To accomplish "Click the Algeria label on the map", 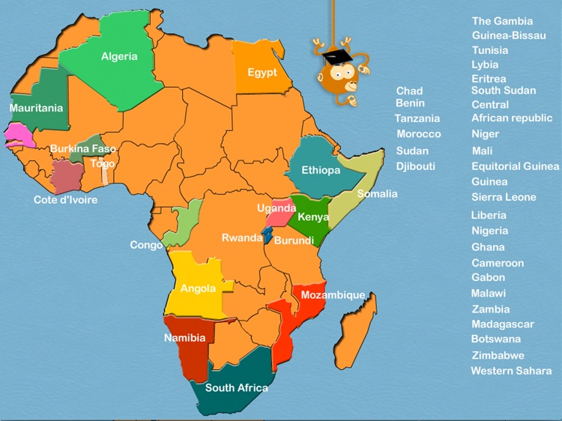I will pyautogui.click(x=119, y=56).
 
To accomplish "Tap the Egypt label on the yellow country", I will pyautogui.click(x=262, y=73).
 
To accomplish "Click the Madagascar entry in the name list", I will pyautogui.click(x=503, y=324).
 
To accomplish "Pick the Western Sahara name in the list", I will pyautogui.click(x=511, y=371).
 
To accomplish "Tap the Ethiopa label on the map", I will pyautogui.click(x=321, y=171).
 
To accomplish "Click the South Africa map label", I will pyautogui.click(x=237, y=388).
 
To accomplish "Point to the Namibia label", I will pyautogui.click(x=184, y=338).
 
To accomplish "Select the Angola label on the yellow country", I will pyautogui.click(x=198, y=288).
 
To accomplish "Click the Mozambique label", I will pyautogui.click(x=333, y=295).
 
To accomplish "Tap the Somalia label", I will pyautogui.click(x=377, y=194).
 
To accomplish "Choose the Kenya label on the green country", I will pyautogui.click(x=313, y=217).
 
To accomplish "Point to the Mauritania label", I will pyautogui.click(x=36, y=108).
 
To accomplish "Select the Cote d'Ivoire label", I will pyautogui.click(x=66, y=200).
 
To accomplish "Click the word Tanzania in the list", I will pyautogui.click(x=417, y=118).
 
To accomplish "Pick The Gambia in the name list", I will pyautogui.click(x=502, y=21).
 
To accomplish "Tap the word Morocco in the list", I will pyautogui.click(x=419, y=134).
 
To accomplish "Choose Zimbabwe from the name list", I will pyautogui.click(x=498, y=355).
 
